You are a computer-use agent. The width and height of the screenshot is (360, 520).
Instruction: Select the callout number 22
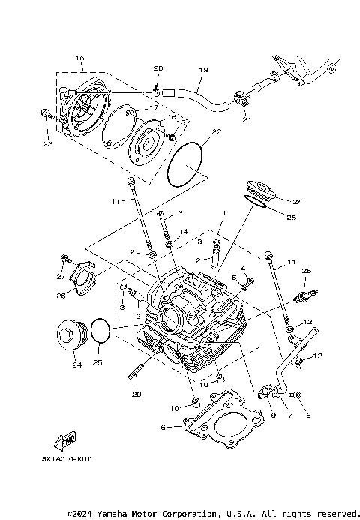point(217,131)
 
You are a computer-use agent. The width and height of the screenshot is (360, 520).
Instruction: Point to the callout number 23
point(47,145)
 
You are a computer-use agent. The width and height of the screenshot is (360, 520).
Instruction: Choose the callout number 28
point(306,270)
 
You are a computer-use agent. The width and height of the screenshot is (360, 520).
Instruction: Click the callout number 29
point(136,395)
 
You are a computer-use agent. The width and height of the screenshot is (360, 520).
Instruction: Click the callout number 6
point(163,427)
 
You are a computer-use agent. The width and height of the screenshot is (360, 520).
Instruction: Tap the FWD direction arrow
point(67,443)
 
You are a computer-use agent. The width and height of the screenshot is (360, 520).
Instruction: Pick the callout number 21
point(244,119)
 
